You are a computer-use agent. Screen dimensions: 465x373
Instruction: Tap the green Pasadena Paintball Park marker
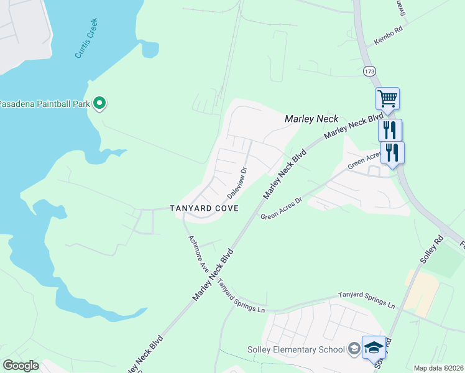pyautogui.click(x=99, y=103)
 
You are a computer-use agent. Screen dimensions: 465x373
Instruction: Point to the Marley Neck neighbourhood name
pyautogui.click(x=311, y=119)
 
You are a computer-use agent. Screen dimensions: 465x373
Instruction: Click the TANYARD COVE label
pyautogui.click(x=205, y=209)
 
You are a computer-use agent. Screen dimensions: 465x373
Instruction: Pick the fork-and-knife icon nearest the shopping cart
pyautogui.click(x=390, y=130)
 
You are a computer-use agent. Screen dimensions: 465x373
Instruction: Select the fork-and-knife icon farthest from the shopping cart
pyautogui.click(x=392, y=152)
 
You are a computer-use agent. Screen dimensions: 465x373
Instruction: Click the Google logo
pyautogui.click(x=21, y=366)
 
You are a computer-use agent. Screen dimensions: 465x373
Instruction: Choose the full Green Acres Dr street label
pyautogui.click(x=281, y=209)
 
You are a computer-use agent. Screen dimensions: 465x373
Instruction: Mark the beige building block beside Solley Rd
pyautogui.click(x=422, y=292)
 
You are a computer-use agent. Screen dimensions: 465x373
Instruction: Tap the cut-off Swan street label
pyautogui.click(x=401, y=7)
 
